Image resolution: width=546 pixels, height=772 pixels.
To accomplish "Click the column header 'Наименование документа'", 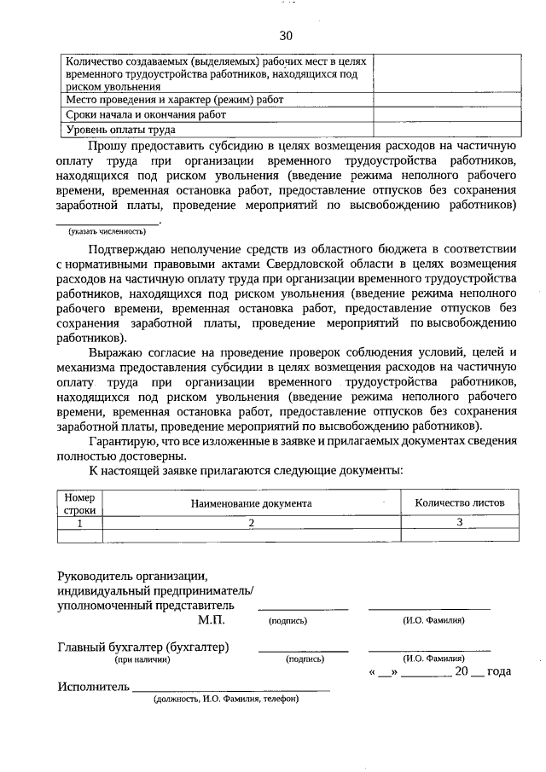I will [x=252, y=503].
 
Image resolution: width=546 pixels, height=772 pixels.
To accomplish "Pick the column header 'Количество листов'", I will [x=460, y=503].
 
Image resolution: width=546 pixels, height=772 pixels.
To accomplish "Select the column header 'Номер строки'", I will [x=80, y=503].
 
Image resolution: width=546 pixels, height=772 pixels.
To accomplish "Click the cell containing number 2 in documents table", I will [x=252, y=523].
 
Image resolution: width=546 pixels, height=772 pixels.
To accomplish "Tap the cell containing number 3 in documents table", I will [x=459, y=523].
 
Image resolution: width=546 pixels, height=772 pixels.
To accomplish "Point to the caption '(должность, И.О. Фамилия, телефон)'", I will [x=226, y=699].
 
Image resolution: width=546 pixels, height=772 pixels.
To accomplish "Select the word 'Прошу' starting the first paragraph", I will [x=108, y=145].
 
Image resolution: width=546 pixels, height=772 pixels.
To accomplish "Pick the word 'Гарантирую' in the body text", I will [x=123, y=441].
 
